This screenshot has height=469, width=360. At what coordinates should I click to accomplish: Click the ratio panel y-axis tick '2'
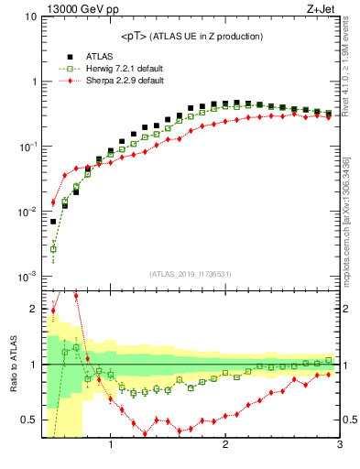coord(33,309)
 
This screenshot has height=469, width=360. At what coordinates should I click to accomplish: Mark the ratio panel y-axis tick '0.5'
coord(29,420)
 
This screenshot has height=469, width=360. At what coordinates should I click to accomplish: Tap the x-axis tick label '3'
coord(339,446)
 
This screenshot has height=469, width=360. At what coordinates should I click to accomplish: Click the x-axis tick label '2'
coord(225,446)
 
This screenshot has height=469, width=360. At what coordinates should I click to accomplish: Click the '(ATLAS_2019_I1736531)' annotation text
coord(191,274)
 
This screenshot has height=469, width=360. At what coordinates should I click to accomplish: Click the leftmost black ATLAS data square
coord(53,222)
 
